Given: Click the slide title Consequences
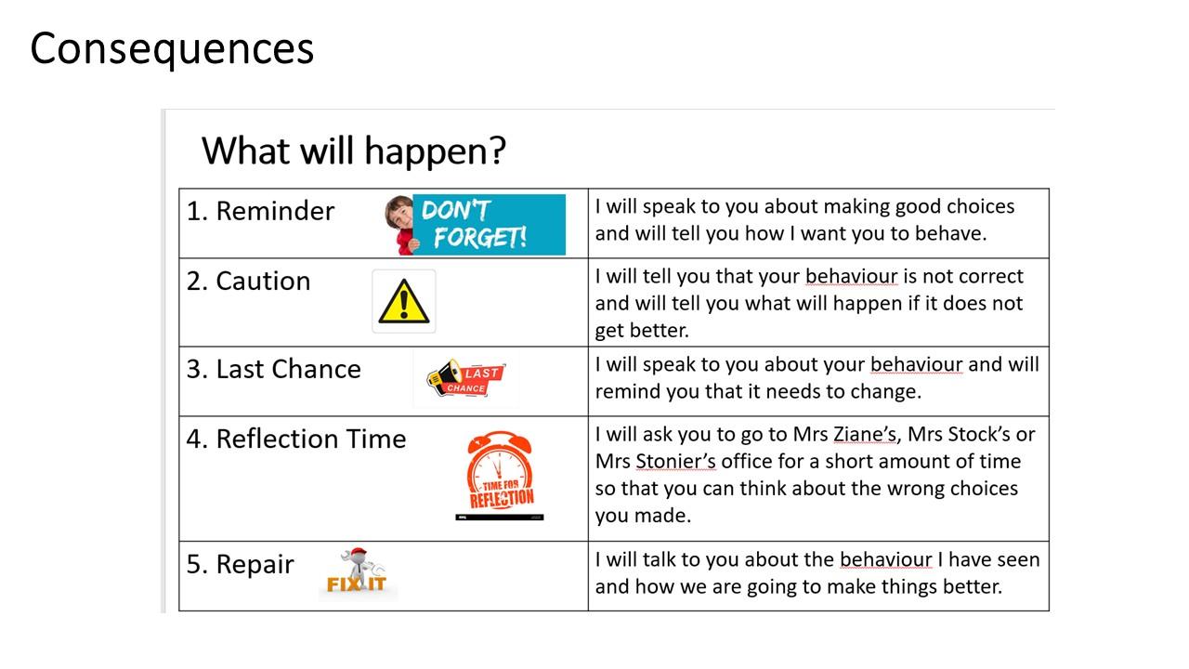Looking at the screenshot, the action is [172, 49].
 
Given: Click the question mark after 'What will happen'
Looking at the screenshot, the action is [497, 151].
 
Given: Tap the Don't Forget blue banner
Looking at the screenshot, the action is [489, 225].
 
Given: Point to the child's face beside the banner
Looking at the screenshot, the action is [400, 214].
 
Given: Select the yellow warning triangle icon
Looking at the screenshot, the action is [404, 302].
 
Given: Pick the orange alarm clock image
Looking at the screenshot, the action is [500, 470].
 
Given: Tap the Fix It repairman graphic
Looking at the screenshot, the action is [357, 571].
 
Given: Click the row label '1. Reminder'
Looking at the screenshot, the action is [261, 211].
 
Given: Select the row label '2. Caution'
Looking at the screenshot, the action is [248, 281].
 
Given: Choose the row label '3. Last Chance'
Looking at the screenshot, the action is [274, 369].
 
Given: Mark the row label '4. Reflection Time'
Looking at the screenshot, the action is [296, 439].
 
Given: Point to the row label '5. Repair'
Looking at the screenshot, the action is [240, 564].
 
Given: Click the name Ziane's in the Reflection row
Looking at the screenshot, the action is [865, 434].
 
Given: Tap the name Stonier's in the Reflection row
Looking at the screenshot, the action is [675, 462].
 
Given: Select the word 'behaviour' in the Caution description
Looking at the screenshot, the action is [852, 277].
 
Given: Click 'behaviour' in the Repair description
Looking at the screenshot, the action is [886, 559].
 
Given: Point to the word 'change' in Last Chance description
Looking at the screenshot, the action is [886, 393].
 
